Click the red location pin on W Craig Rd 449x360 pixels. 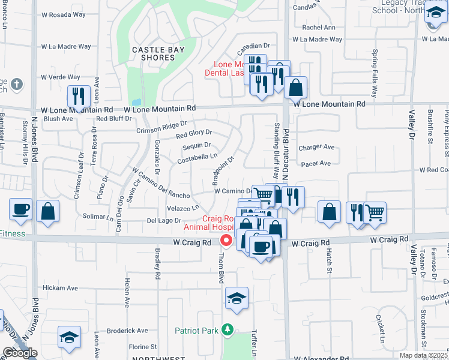coord(226,241)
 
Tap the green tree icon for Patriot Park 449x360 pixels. coord(227,329)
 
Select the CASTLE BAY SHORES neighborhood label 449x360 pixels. coord(154,53)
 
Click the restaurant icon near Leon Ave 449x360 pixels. coord(79,95)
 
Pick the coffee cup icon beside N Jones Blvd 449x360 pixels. coord(20,209)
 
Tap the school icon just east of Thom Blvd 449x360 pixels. coord(237,298)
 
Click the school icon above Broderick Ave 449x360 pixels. coord(69,337)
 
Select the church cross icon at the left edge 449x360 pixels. coord(17,83)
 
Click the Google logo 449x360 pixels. coord(20,353)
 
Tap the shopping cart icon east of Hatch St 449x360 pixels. coord(375,212)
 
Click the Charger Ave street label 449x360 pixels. coord(316,147)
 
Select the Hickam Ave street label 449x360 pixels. coord(60,288)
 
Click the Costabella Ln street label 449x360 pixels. coord(197,158)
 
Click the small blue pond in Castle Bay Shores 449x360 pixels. coord(135,102)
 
